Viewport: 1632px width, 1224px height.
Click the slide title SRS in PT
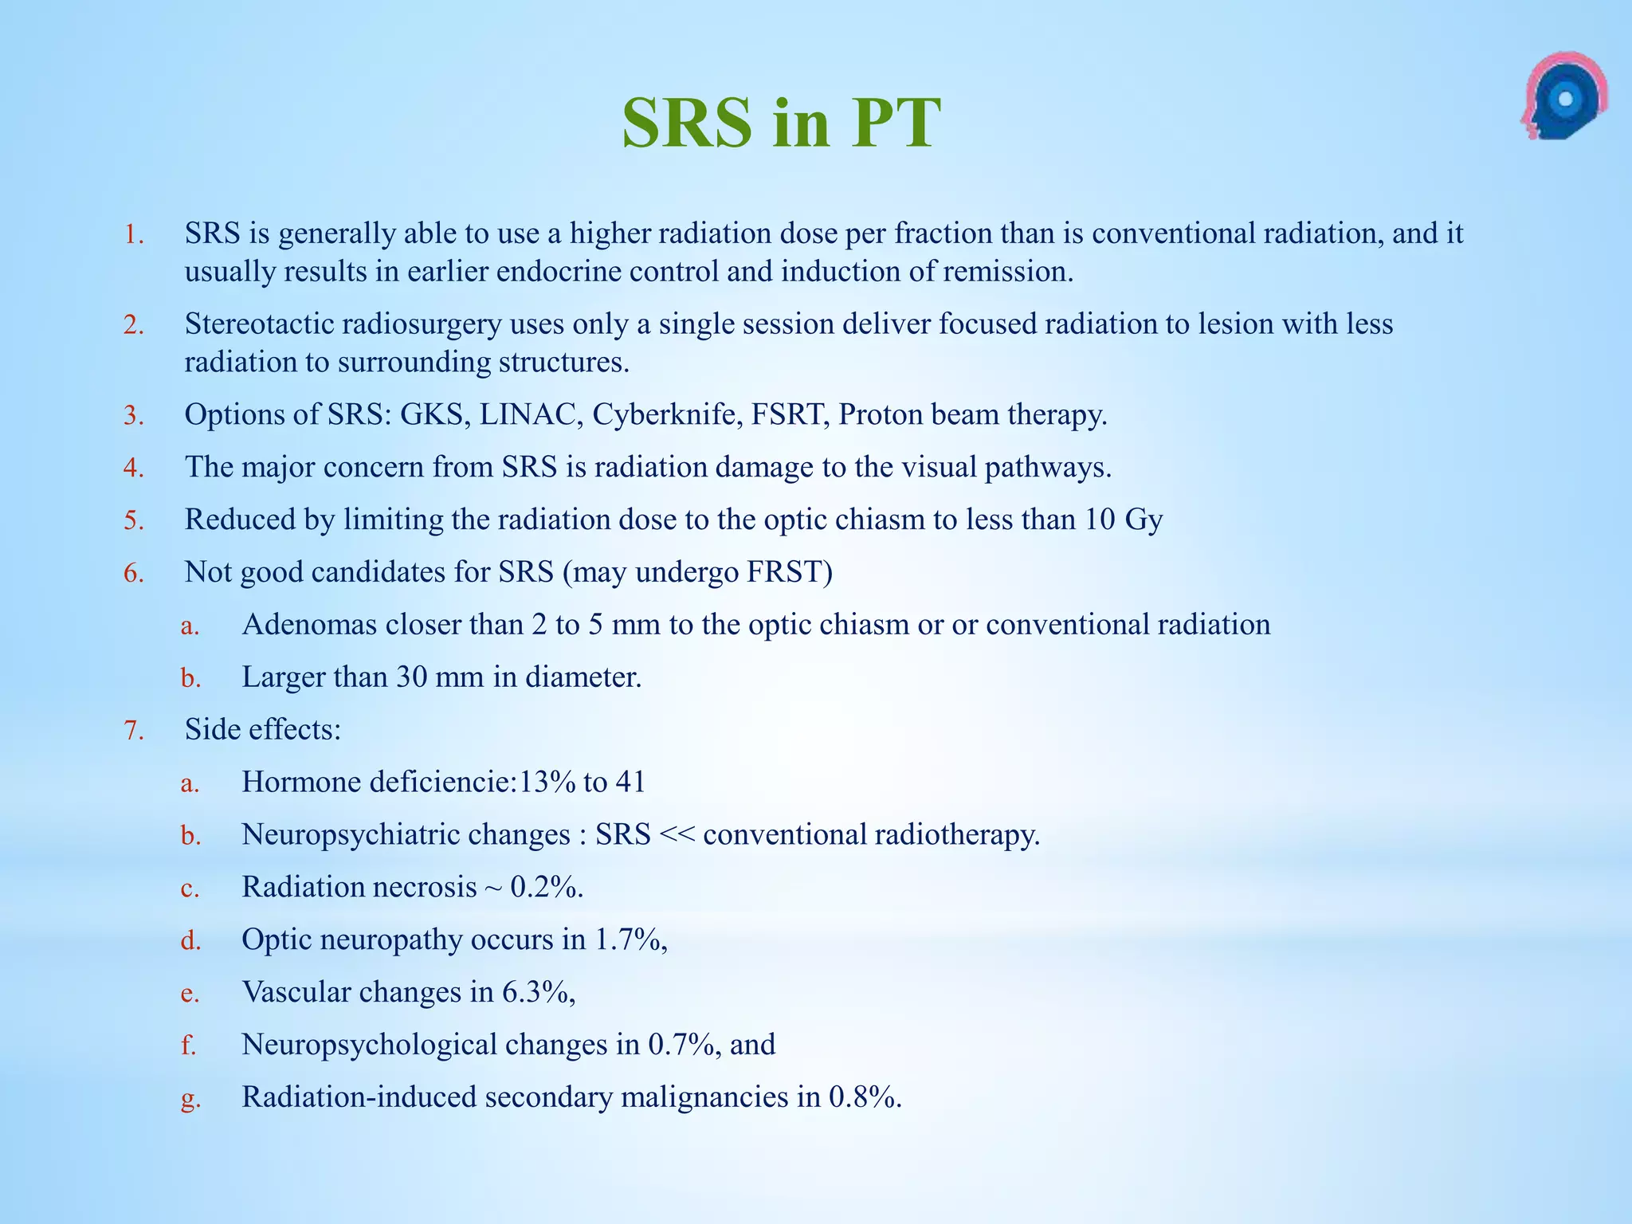781,124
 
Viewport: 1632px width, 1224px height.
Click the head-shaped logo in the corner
1563,97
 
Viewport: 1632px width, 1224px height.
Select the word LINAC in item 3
528,414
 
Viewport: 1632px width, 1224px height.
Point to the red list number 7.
133,730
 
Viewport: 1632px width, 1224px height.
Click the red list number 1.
133,234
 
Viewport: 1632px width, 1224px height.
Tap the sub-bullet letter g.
190,1100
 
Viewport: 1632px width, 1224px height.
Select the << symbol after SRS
677,834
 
